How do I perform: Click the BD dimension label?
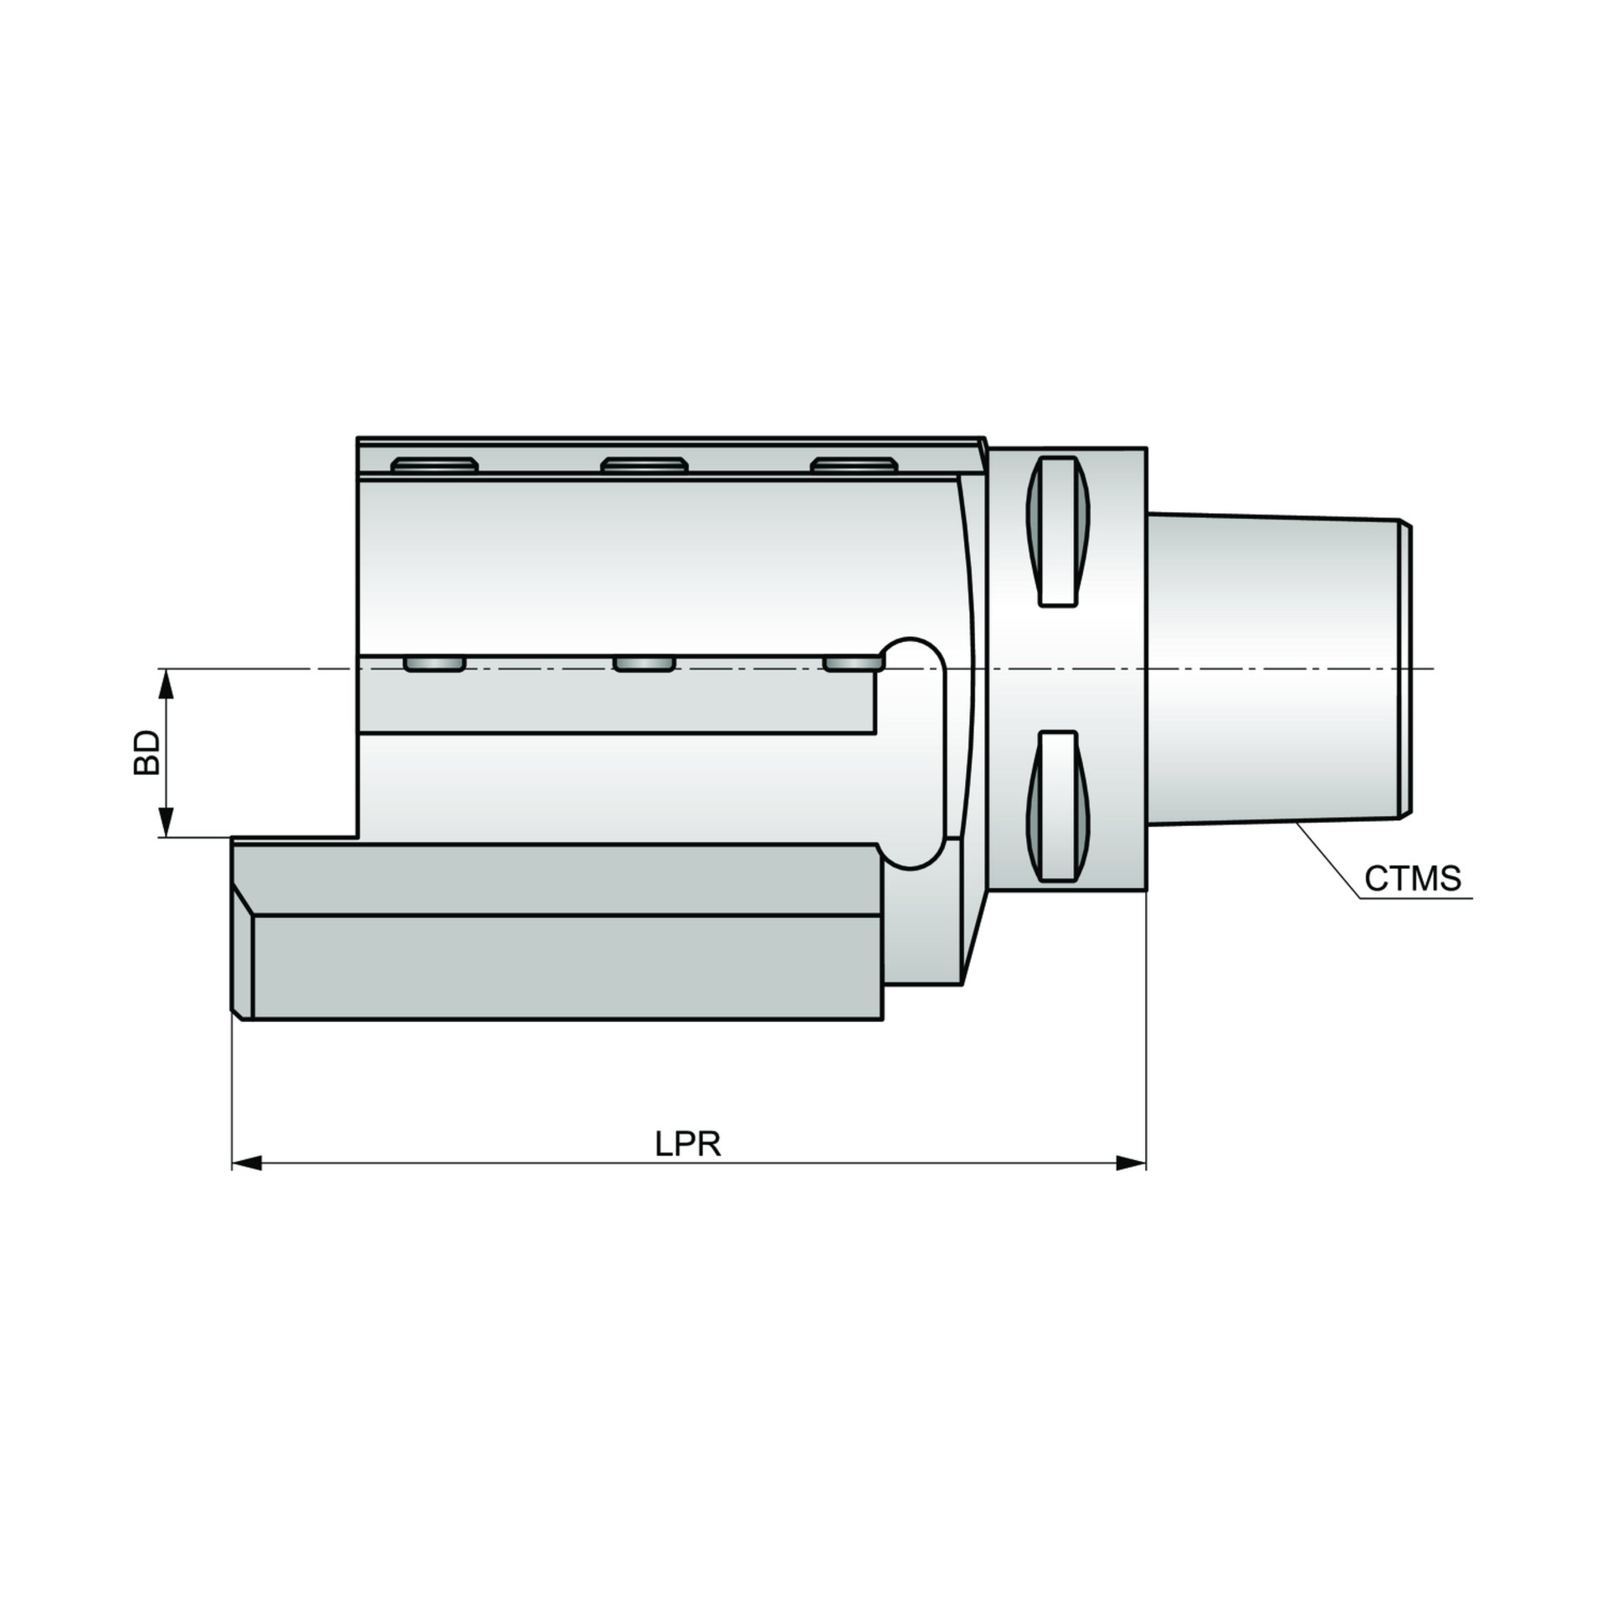pyautogui.click(x=146, y=752)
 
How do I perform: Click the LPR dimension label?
pyautogui.click(x=687, y=1144)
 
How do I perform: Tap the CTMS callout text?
pyautogui.click(x=1412, y=879)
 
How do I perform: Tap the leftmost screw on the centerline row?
pyautogui.click(x=434, y=664)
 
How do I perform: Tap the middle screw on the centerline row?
pyautogui.click(x=644, y=664)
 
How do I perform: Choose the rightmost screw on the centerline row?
pyautogui.click(x=852, y=664)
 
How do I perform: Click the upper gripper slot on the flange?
pyautogui.click(x=1058, y=531)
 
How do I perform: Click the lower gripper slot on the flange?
pyautogui.click(x=1058, y=805)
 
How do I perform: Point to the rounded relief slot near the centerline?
pyautogui.click(x=914, y=753)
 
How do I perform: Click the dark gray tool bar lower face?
pyautogui.click(x=566, y=968)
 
